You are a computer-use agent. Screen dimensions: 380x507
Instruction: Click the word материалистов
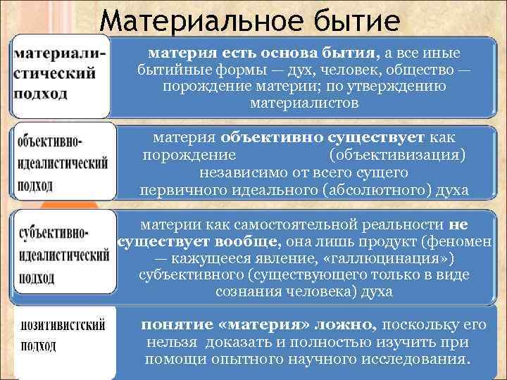click(x=303, y=103)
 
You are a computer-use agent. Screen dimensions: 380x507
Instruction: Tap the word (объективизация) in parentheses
click(x=397, y=155)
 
